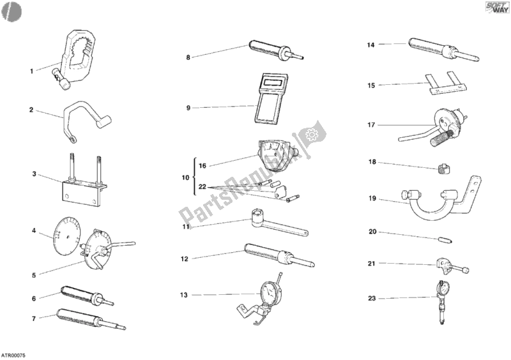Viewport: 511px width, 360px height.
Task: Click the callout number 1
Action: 31,71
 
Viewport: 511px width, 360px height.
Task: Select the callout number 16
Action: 202,165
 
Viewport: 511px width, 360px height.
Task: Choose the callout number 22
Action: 202,187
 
